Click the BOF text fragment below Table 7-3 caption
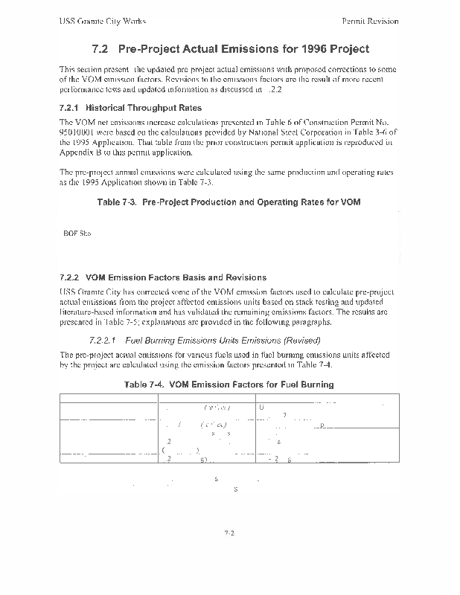(x=71, y=234)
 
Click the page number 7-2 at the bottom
(x=229, y=533)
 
